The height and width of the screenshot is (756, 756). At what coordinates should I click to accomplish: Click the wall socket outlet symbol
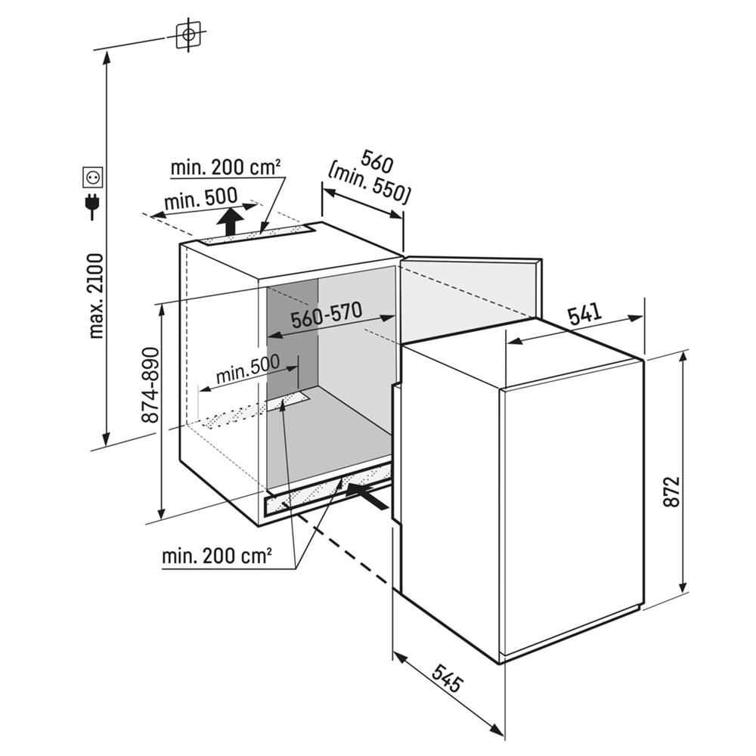click(x=93, y=178)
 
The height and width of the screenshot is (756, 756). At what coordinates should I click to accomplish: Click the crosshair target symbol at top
click(x=188, y=35)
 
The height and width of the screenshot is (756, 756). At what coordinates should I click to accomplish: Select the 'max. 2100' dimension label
click(x=96, y=296)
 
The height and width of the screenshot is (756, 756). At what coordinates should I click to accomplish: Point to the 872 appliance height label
click(x=671, y=491)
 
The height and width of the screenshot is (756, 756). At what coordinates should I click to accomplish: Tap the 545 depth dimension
click(x=447, y=678)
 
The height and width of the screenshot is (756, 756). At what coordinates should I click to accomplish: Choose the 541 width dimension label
click(x=585, y=314)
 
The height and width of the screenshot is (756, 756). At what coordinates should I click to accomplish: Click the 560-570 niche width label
click(x=327, y=316)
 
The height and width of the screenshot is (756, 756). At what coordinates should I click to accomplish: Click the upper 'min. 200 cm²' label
click(x=225, y=167)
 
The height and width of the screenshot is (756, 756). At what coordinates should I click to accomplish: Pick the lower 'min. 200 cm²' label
click(x=216, y=556)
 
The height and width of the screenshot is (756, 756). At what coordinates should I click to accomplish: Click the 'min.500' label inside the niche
click(x=248, y=369)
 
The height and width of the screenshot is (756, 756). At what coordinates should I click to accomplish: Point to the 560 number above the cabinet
click(x=377, y=162)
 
